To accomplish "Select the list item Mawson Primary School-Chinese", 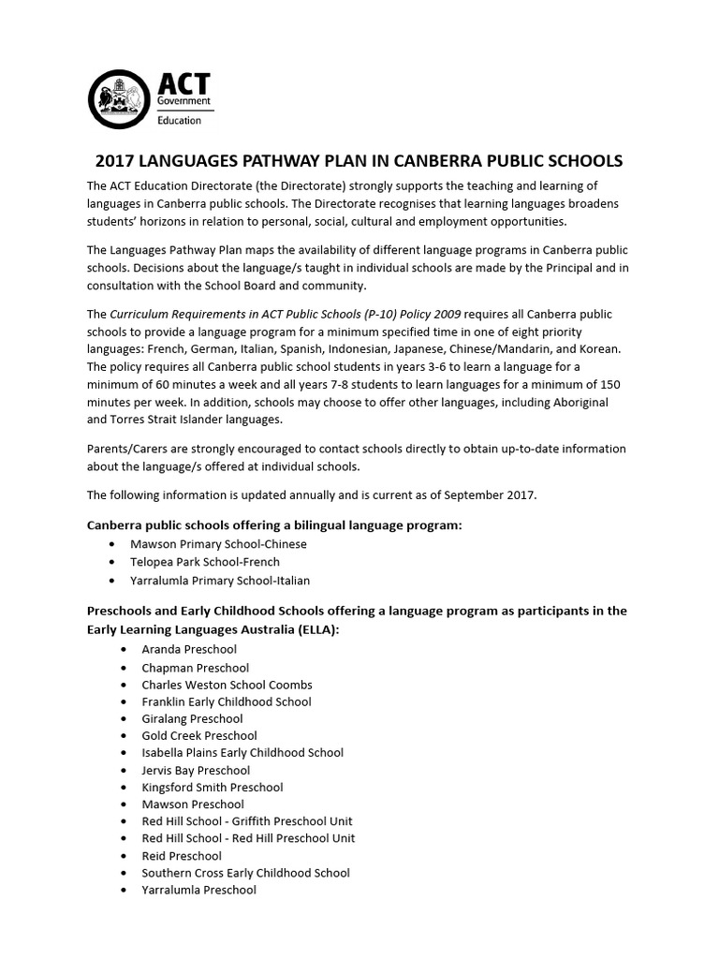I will point(218,543).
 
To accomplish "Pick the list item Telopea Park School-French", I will point(205,562).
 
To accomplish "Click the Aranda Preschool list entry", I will point(189,649).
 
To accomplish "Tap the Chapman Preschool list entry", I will point(195,668).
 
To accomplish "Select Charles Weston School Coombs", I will point(227,685).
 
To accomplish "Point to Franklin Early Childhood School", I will point(227,701).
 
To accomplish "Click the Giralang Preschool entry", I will point(192,719).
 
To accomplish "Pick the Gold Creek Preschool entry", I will point(199,736).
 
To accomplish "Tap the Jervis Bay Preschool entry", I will point(196,771).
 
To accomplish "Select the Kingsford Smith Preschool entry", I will point(213,788).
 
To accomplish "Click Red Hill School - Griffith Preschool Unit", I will point(247,821).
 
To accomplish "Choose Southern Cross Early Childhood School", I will point(245,873).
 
